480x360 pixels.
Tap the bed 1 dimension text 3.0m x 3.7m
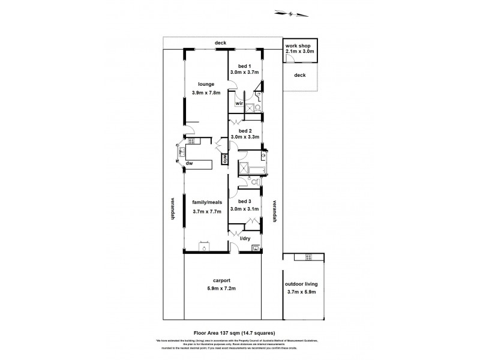(x=244, y=72)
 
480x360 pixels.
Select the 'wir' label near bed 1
(x=238, y=103)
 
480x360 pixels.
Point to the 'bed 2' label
(x=244, y=130)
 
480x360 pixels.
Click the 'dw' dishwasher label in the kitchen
(x=188, y=163)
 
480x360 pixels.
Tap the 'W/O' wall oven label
(x=224, y=158)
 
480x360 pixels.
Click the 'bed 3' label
(x=244, y=201)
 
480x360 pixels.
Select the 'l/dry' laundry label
(x=245, y=239)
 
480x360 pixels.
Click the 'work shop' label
(x=298, y=46)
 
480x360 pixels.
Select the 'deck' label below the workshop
(x=300, y=75)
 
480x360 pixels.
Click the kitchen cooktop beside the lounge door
(x=193, y=142)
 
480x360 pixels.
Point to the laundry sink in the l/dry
(x=256, y=247)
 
